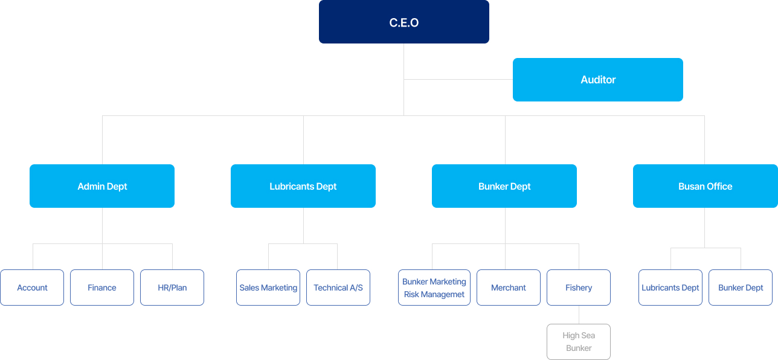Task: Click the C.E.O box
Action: (x=403, y=22)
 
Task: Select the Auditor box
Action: (x=597, y=80)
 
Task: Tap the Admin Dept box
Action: (x=102, y=186)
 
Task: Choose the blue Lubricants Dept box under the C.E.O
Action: (x=303, y=186)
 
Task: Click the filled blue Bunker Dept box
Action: (x=504, y=186)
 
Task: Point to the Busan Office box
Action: (x=705, y=186)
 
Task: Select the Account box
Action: (x=32, y=288)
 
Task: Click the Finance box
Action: (x=102, y=288)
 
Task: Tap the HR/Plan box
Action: (x=172, y=288)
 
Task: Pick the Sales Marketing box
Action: (x=268, y=288)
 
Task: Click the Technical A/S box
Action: (x=338, y=288)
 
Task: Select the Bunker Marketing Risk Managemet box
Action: (x=434, y=288)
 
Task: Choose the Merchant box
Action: (x=509, y=288)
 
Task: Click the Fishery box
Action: (x=579, y=288)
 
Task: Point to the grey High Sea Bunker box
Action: (x=579, y=342)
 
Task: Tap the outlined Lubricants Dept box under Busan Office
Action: (x=670, y=288)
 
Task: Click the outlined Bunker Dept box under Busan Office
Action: (x=741, y=288)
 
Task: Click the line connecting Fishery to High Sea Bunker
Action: (x=579, y=315)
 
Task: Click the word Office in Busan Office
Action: (x=719, y=187)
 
